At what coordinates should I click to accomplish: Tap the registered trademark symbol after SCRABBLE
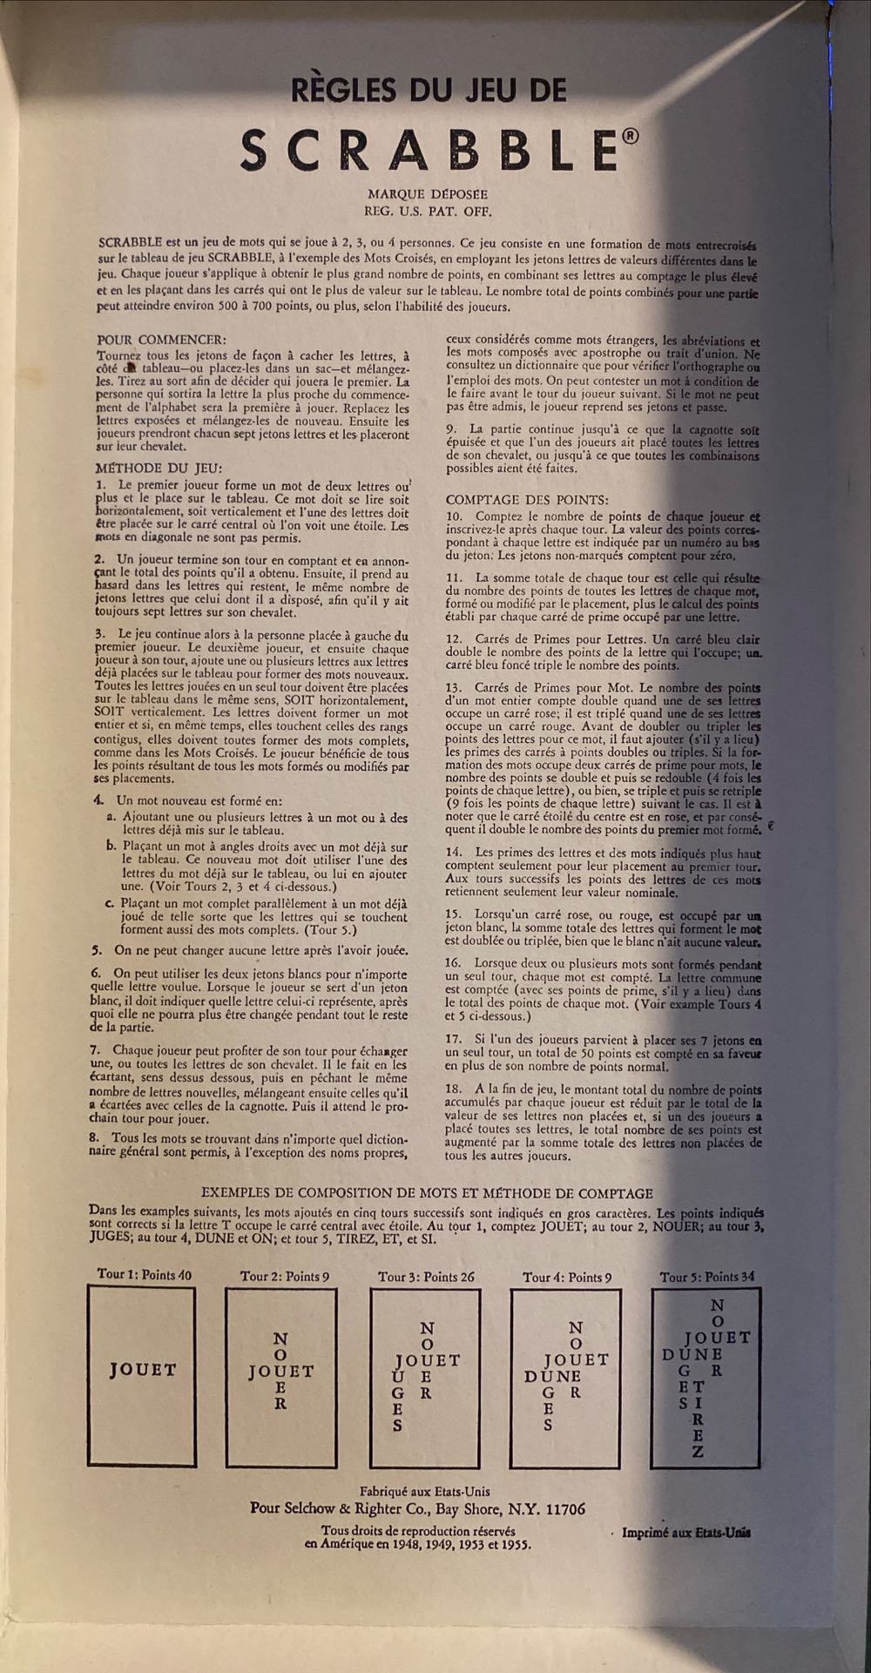tap(631, 135)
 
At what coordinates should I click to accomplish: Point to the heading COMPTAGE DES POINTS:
tap(527, 500)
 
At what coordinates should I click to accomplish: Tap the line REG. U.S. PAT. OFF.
tap(427, 210)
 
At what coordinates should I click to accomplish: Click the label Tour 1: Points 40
tap(145, 1274)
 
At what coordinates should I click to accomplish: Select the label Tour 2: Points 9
tap(285, 1277)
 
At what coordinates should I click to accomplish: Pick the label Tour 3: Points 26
tap(427, 1277)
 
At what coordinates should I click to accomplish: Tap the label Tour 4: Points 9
tap(567, 1277)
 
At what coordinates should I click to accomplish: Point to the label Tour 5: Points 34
tap(707, 1277)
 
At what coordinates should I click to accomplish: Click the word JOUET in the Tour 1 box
tap(142, 1370)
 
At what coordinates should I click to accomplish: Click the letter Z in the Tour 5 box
tap(698, 1451)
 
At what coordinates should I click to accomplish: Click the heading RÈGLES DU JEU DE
tap(429, 90)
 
